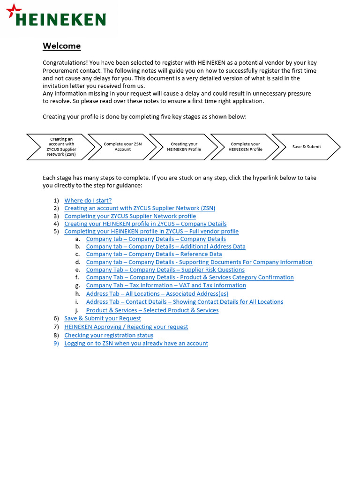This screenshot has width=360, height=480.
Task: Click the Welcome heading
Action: pyautogui.click(x=61, y=46)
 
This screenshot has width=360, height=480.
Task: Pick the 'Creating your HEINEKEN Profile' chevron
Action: pyautogui.click(x=184, y=147)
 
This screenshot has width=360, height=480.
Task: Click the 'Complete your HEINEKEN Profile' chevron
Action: pyautogui.click(x=245, y=147)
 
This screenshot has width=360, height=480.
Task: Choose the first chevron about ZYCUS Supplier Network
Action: pyautogui.click(x=61, y=147)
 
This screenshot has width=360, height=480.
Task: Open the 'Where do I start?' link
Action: pyautogui.click(x=88, y=201)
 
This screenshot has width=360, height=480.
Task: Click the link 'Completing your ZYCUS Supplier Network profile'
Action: pyautogui.click(x=130, y=216)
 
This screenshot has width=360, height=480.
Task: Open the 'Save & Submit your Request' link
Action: pyautogui.click(x=102, y=318)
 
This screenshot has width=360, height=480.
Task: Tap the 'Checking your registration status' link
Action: pyautogui.click(x=108, y=335)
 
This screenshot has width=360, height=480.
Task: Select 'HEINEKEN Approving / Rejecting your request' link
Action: pyautogui.click(x=126, y=327)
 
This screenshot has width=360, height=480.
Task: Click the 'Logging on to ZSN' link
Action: pyautogui.click(x=136, y=343)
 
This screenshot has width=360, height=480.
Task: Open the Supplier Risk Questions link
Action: pyautogui.click(x=165, y=270)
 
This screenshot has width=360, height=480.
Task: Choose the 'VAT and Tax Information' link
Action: pyautogui.click(x=166, y=285)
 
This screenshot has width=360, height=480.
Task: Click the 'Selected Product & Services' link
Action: pyautogui.click(x=152, y=310)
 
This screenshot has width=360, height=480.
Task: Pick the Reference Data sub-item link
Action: pyautogui.click(x=154, y=254)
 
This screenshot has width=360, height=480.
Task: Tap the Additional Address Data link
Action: pyautogui.click(x=165, y=247)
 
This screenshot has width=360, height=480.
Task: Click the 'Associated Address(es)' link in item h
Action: pyautogui.click(x=157, y=294)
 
